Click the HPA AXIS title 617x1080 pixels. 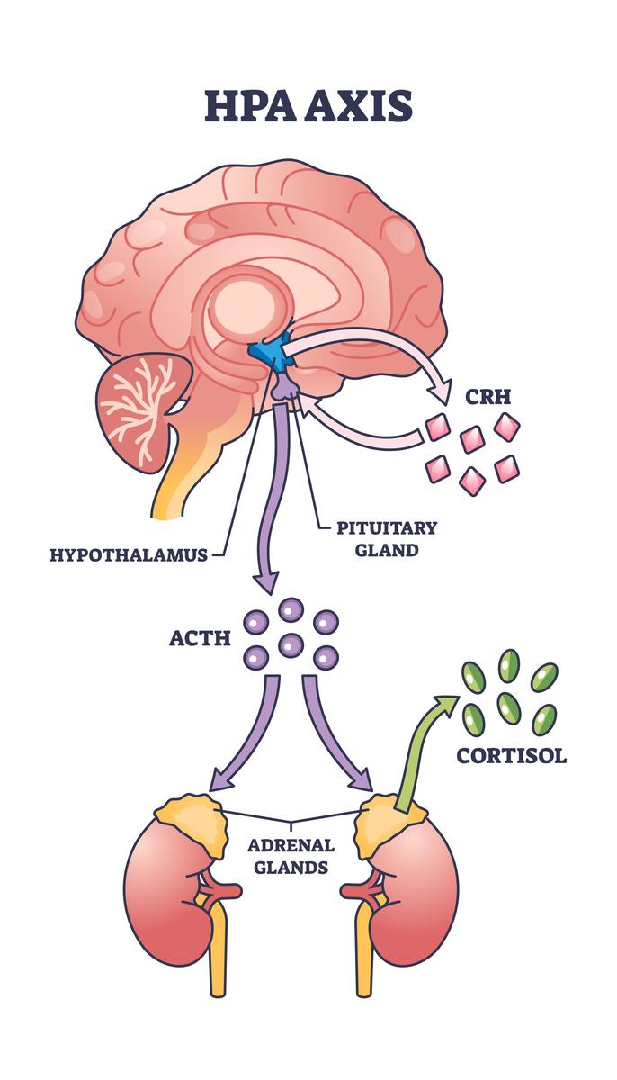tap(308, 106)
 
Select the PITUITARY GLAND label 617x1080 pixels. tap(374, 538)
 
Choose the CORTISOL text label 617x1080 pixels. tap(511, 754)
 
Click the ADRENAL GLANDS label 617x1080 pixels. tap(291, 857)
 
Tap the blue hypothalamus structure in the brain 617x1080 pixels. tap(271, 352)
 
